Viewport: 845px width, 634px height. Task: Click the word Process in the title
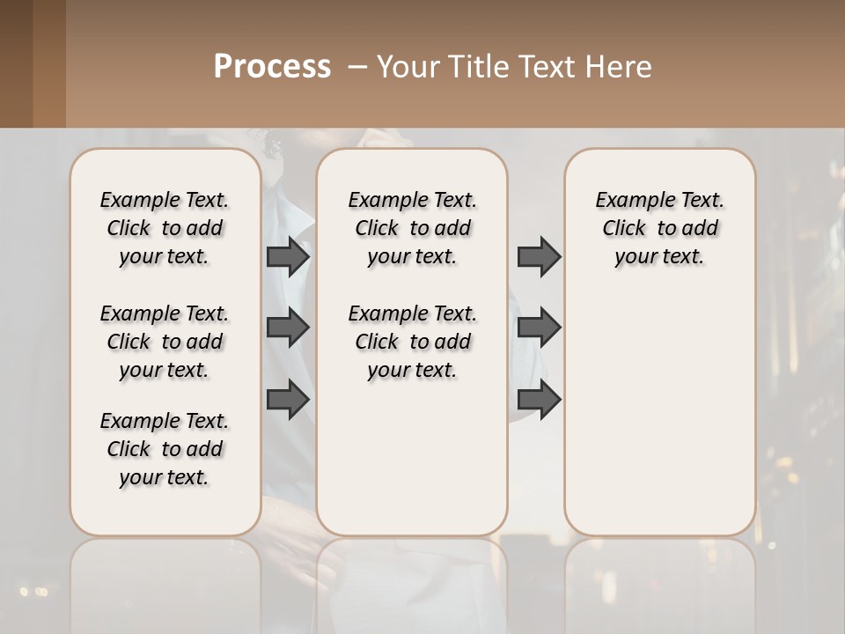point(272,67)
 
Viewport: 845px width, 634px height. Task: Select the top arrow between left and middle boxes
point(288,257)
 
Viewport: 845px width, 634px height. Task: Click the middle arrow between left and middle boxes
point(288,328)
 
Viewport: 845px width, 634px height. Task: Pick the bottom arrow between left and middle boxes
point(288,399)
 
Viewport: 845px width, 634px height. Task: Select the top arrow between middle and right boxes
point(539,257)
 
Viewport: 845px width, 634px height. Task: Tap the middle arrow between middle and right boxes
point(539,328)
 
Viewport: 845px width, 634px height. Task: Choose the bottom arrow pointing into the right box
point(539,399)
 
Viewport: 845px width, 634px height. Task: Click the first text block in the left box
point(165,228)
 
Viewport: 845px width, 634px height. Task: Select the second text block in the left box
point(165,342)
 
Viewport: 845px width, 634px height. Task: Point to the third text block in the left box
point(165,449)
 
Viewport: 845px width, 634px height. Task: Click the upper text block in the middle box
point(412,228)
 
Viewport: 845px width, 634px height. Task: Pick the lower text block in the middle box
point(412,342)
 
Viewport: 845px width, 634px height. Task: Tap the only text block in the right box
point(659,228)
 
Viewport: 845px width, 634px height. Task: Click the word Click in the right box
point(624,229)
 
